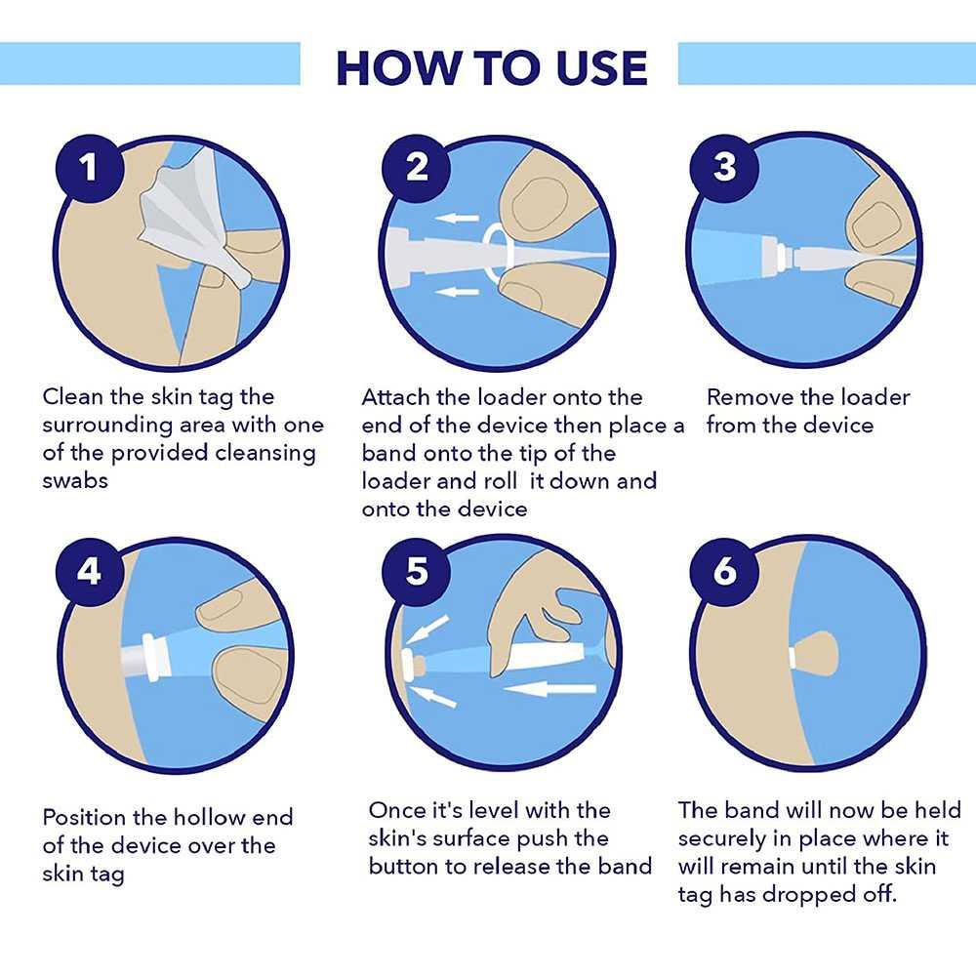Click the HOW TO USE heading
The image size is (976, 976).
coord(492,67)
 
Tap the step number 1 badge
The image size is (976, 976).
coord(90,168)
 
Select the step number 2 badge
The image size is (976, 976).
coord(416,168)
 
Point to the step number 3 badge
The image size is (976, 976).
coord(724,168)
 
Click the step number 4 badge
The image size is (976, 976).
coord(90,571)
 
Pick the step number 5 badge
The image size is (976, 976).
coord(416,571)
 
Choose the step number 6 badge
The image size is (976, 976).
coord(724,571)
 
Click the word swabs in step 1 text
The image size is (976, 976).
coord(75,480)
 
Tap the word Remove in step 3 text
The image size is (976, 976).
coord(749,397)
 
